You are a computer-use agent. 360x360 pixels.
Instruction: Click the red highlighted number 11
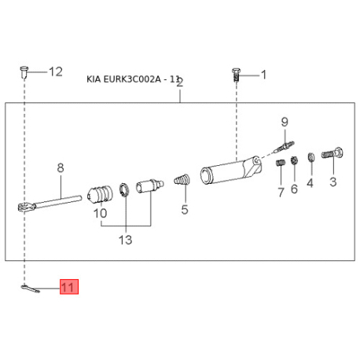[69, 287]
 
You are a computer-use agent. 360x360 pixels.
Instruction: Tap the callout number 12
[56, 72]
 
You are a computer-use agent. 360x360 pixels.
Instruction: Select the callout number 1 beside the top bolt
[264, 75]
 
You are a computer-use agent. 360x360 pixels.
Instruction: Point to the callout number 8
[61, 168]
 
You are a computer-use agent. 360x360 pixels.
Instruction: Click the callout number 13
[126, 240]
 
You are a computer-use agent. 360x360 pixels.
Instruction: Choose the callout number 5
[185, 210]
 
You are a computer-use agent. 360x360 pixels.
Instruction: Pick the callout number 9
[285, 122]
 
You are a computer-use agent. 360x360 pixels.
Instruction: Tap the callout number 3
[332, 182]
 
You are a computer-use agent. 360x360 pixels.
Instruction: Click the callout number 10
[101, 213]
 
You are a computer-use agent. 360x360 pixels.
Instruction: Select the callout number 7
[281, 192]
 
